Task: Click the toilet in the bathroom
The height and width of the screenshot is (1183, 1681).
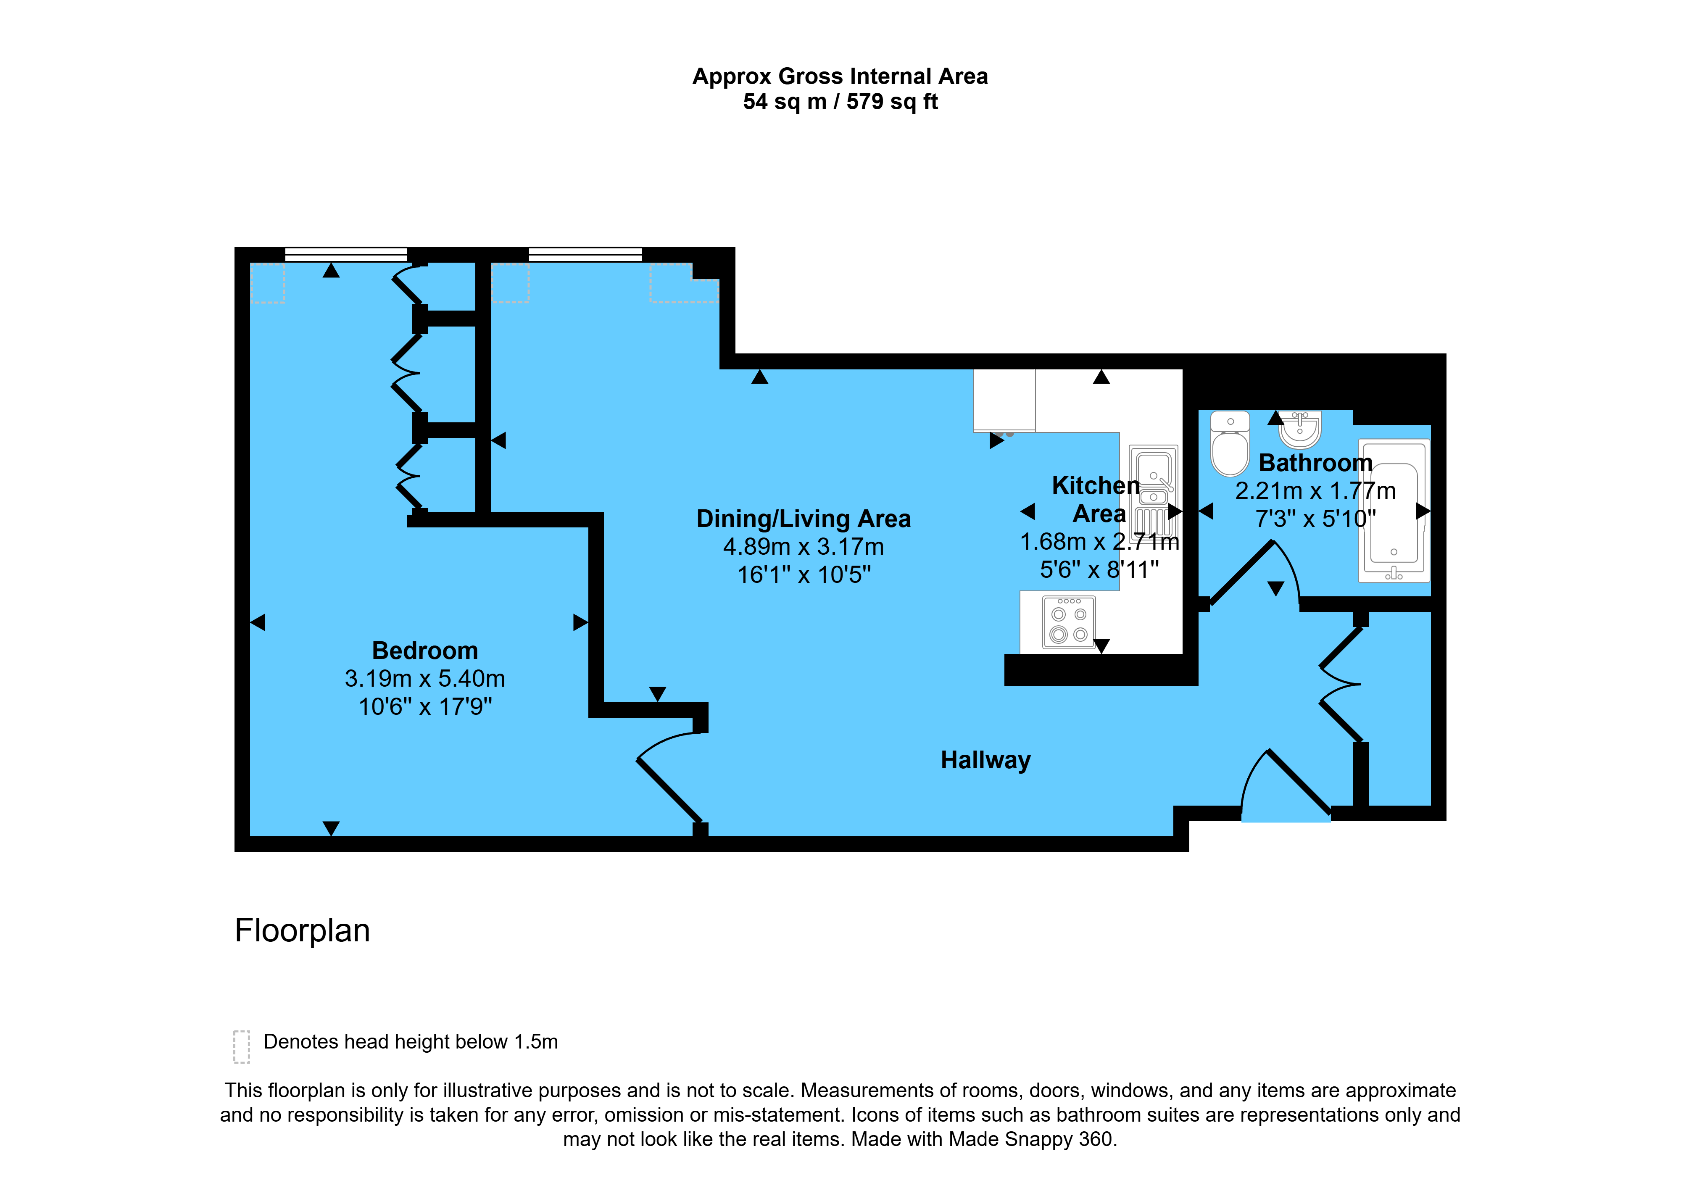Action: tap(1230, 444)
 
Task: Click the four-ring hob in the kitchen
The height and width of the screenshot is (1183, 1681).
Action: tap(1069, 623)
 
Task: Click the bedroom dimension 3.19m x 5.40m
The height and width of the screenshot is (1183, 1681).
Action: tap(424, 679)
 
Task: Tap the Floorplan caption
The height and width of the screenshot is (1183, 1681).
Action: tap(303, 930)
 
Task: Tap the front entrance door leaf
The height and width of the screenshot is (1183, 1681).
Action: tap(1299, 782)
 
